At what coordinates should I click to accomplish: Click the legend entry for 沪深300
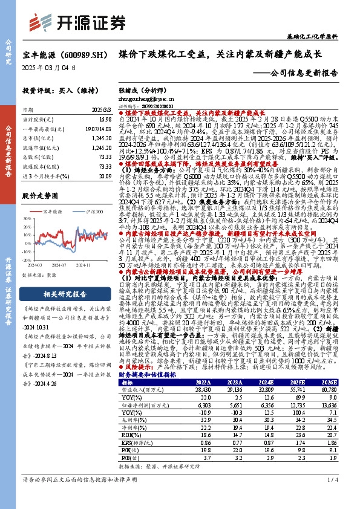84,210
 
